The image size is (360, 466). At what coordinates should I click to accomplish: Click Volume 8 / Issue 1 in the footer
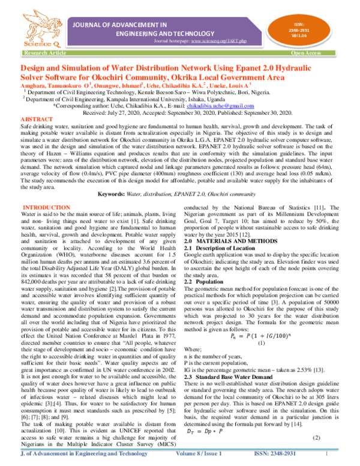195,455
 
